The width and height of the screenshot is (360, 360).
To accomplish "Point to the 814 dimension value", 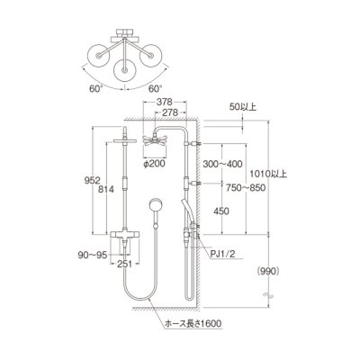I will [x=107, y=189].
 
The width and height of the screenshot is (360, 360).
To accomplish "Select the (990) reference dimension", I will [x=269, y=271].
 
